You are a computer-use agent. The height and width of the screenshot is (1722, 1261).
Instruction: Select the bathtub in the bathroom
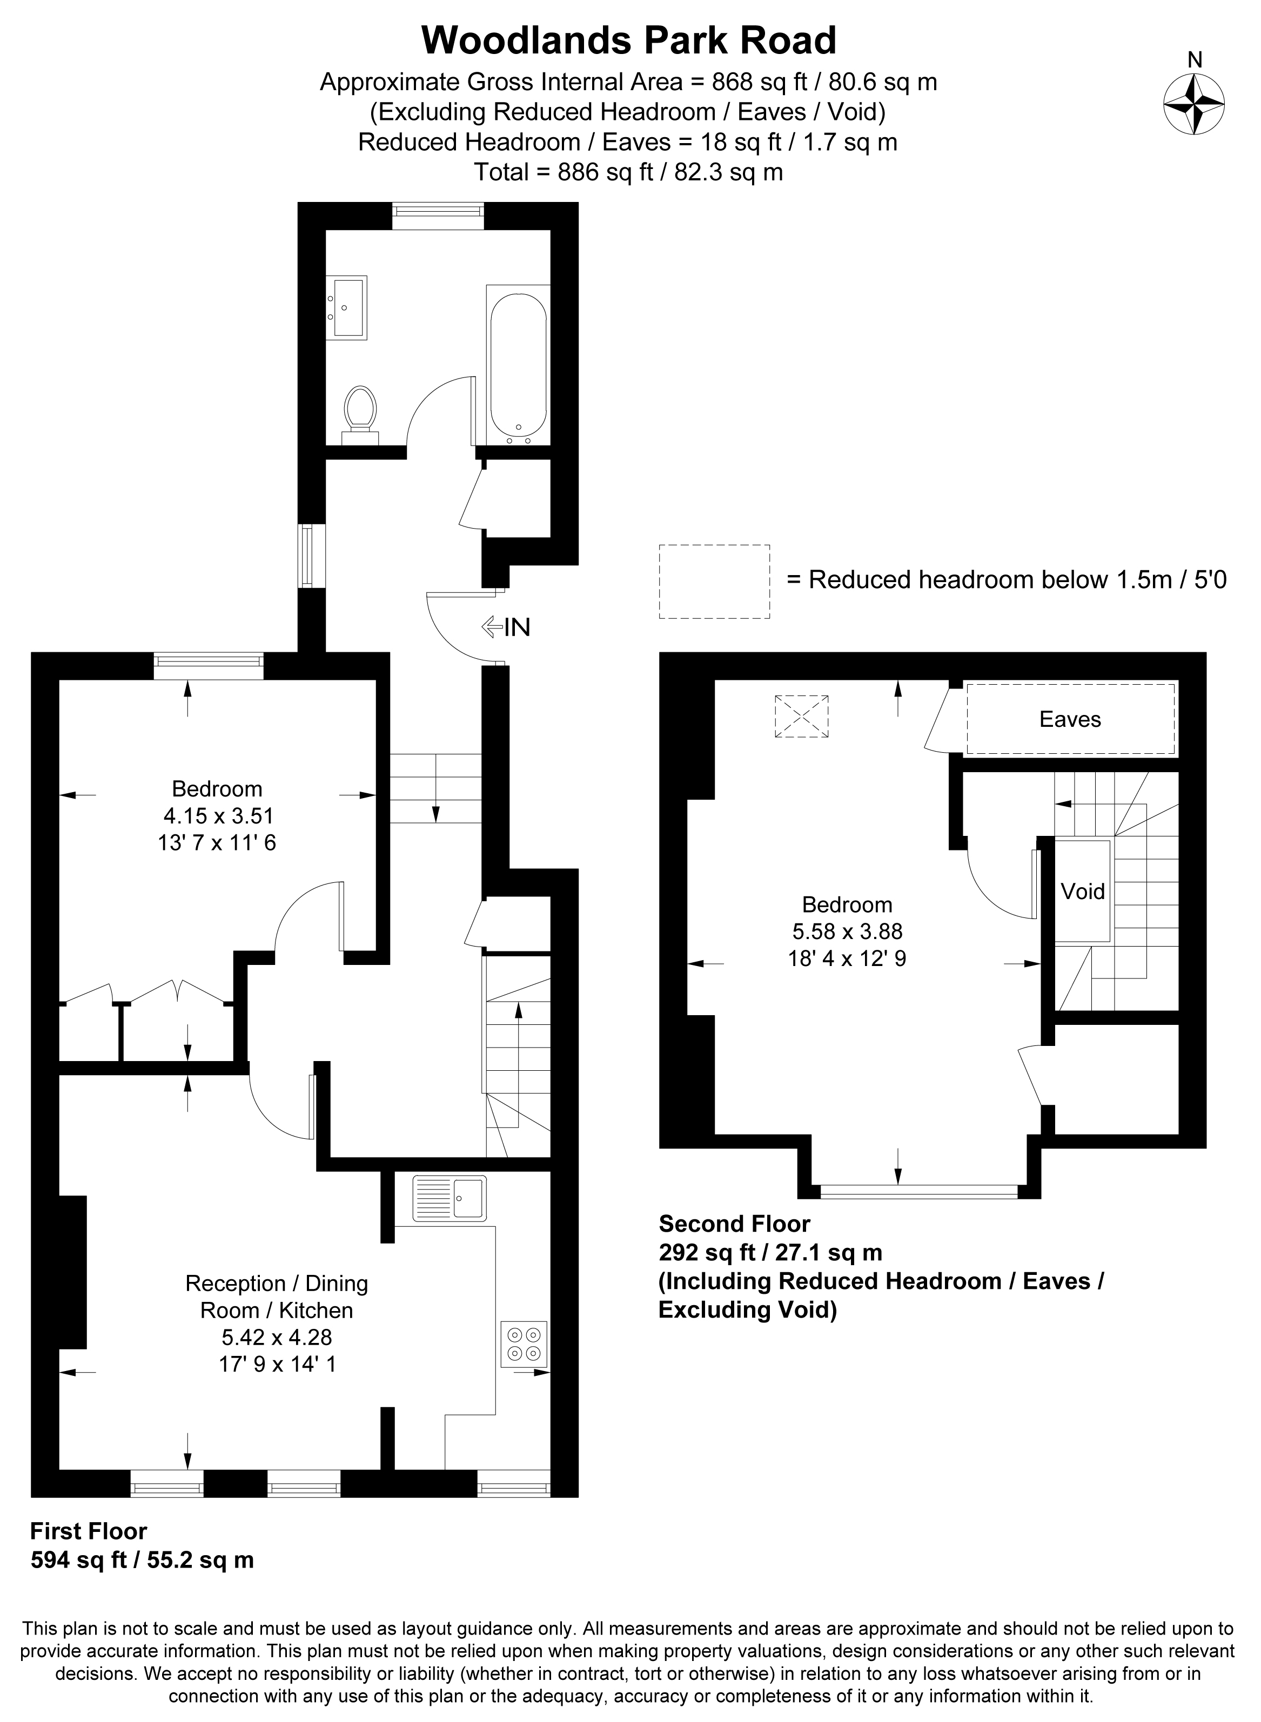pos(518,364)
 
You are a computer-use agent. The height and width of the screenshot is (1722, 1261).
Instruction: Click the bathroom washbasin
pos(346,307)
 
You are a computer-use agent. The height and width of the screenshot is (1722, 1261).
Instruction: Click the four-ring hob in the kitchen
pos(525,1343)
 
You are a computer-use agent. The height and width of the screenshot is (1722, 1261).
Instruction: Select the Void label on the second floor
pos(1082,891)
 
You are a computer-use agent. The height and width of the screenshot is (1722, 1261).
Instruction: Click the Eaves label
pos(1070,719)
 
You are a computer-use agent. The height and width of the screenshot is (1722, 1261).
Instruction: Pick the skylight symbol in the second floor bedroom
pos(801,715)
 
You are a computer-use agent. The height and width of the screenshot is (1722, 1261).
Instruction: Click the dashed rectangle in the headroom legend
pos(714,582)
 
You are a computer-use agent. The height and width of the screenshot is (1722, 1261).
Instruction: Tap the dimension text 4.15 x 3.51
pos(218,815)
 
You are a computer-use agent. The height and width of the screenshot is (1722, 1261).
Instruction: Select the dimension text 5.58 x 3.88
pos(847,931)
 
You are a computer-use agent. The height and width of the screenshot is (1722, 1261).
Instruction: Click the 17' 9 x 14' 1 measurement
pos(277,1363)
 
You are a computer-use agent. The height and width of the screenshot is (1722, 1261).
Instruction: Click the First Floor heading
pos(89,1531)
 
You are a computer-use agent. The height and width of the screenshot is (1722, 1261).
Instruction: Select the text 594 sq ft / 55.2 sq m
pos(142,1560)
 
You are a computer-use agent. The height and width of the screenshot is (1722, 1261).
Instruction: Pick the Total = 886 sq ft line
pos(629,172)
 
